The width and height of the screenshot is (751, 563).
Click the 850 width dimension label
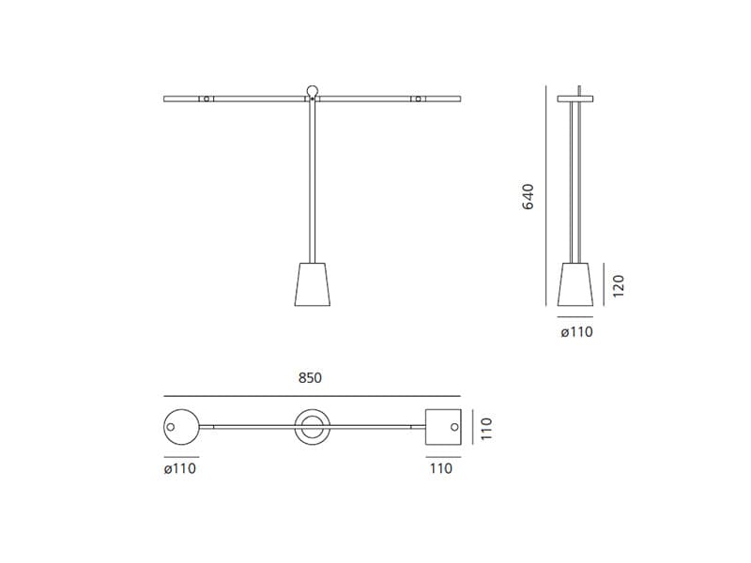click(310, 378)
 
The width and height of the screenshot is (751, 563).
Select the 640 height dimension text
click(528, 196)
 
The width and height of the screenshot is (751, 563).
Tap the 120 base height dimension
click(618, 285)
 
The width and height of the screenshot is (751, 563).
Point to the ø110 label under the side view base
click(576, 331)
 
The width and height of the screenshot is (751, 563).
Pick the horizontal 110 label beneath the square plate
click(440, 468)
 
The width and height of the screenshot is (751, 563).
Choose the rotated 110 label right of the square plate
click(485, 430)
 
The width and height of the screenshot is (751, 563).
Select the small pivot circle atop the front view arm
click(312, 91)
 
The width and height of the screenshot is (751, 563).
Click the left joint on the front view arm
click(207, 98)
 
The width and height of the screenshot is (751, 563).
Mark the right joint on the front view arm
click(418, 98)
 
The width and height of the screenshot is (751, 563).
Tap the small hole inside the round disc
click(171, 428)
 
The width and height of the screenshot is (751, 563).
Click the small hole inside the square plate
click(452, 428)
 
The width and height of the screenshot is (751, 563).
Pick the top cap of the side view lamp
click(575, 98)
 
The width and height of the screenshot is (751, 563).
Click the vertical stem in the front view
click(312, 178)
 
